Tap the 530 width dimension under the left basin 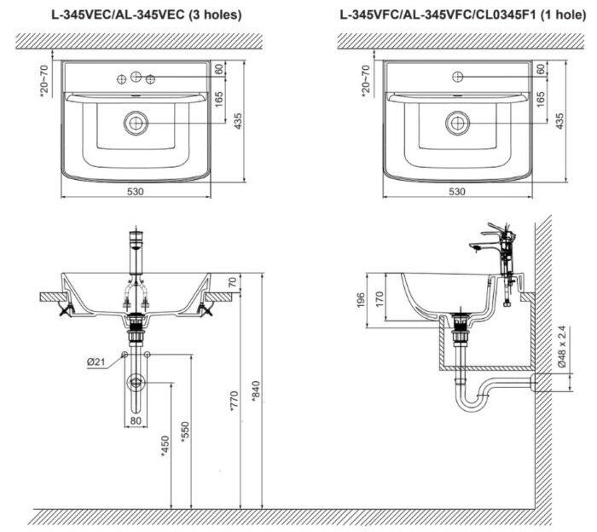coord(136,192)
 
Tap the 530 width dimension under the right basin coord(458,192)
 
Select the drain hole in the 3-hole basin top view coord(135,123)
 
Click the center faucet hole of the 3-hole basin coord(136,78)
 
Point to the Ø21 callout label coord(96,361)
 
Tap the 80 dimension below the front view coord(135,419)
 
